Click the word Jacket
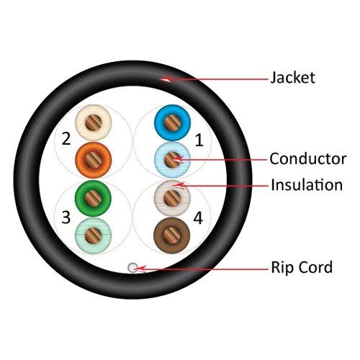[292, 78]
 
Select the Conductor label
[308, 158]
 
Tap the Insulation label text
[307, 185]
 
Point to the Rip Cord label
[302, 267]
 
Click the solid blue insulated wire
[172, 122]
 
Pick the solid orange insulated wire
[94, 160]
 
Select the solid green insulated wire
[93, 198]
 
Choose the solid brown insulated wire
[172, 235]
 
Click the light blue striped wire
[172, 160]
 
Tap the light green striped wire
[94, 235]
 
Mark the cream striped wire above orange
[94, 122]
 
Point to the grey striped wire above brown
[172, 198]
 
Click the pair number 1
[199, 140]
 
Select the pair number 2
[66, 138]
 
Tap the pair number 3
[66, 217]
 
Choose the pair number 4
[198, 218]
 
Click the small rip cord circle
[132, 267]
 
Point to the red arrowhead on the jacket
[166, 79]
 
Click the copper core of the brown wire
[172, 235]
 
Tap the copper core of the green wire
[93, 198]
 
